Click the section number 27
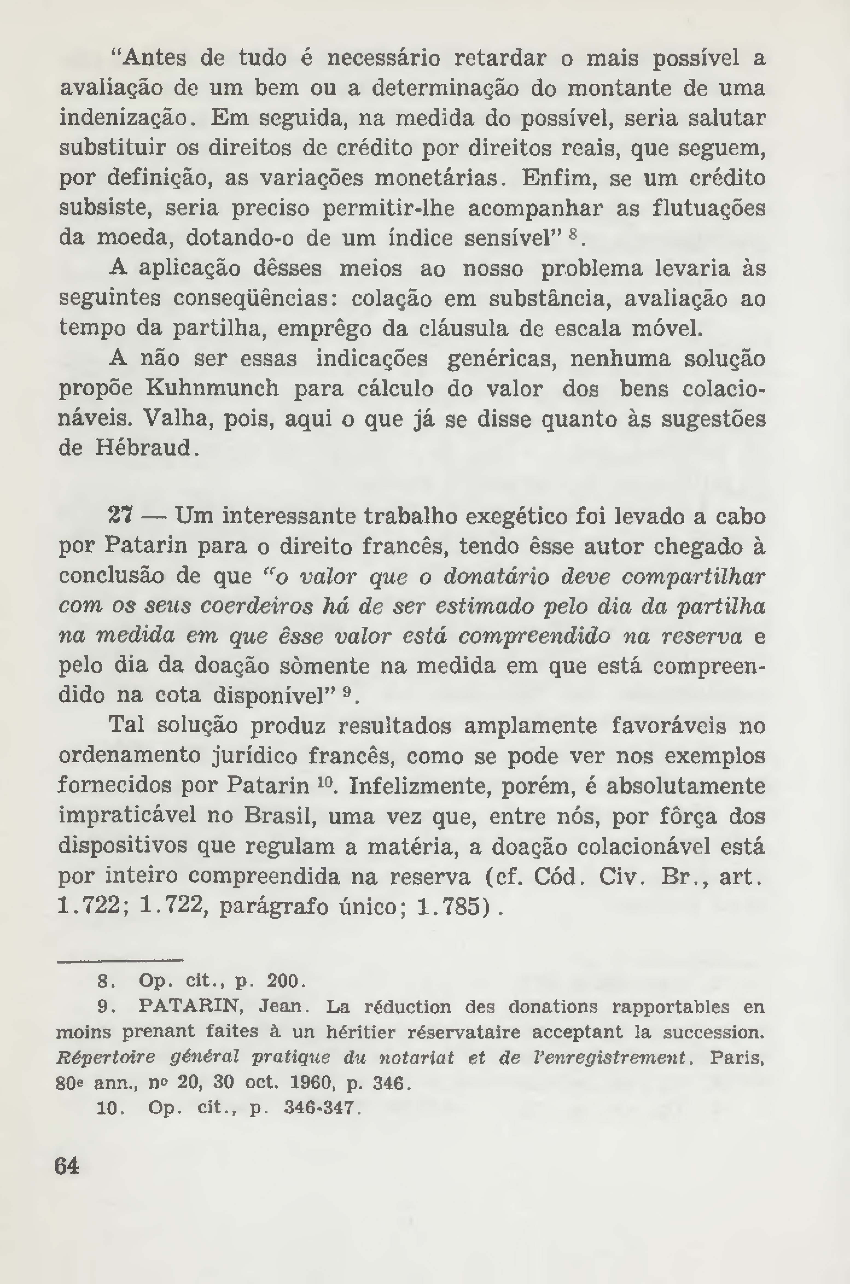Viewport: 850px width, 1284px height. point(120,516)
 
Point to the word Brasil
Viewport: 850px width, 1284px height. point(280,816)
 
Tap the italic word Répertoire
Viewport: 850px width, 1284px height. point(106,1057)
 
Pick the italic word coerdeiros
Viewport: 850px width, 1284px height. point(257,606)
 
